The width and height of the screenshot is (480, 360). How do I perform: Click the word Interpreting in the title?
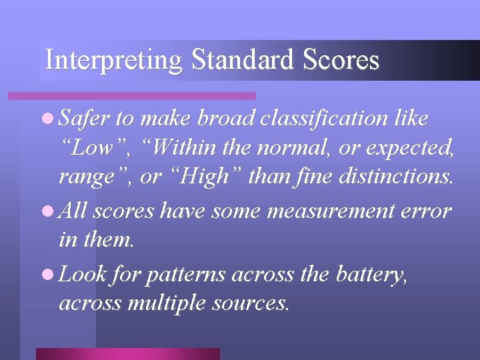click(113, 61)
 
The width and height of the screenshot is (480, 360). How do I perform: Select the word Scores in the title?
click(341, 61)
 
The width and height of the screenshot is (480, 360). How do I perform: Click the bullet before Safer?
click(49, 119)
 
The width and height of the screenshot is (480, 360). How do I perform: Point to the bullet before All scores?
click(49, 211)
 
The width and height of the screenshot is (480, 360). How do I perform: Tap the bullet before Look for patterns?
click(49, 273)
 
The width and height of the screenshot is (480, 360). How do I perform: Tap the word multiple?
click(172, 303)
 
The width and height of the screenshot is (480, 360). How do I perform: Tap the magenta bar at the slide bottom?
click(127, 354)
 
